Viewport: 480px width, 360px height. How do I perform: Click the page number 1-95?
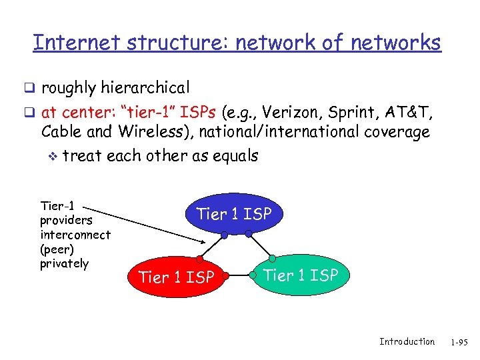click(x=459, y=342)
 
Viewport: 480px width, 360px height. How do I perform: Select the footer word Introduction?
click(x=407, y=341)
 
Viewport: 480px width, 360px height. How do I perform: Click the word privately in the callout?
click(x=64, y=263)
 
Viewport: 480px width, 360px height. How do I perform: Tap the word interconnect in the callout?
click(x=75, y=234)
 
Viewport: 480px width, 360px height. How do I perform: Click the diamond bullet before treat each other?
click(x=53, y=157)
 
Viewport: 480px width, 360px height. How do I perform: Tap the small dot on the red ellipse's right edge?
click(x=226, y=275)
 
